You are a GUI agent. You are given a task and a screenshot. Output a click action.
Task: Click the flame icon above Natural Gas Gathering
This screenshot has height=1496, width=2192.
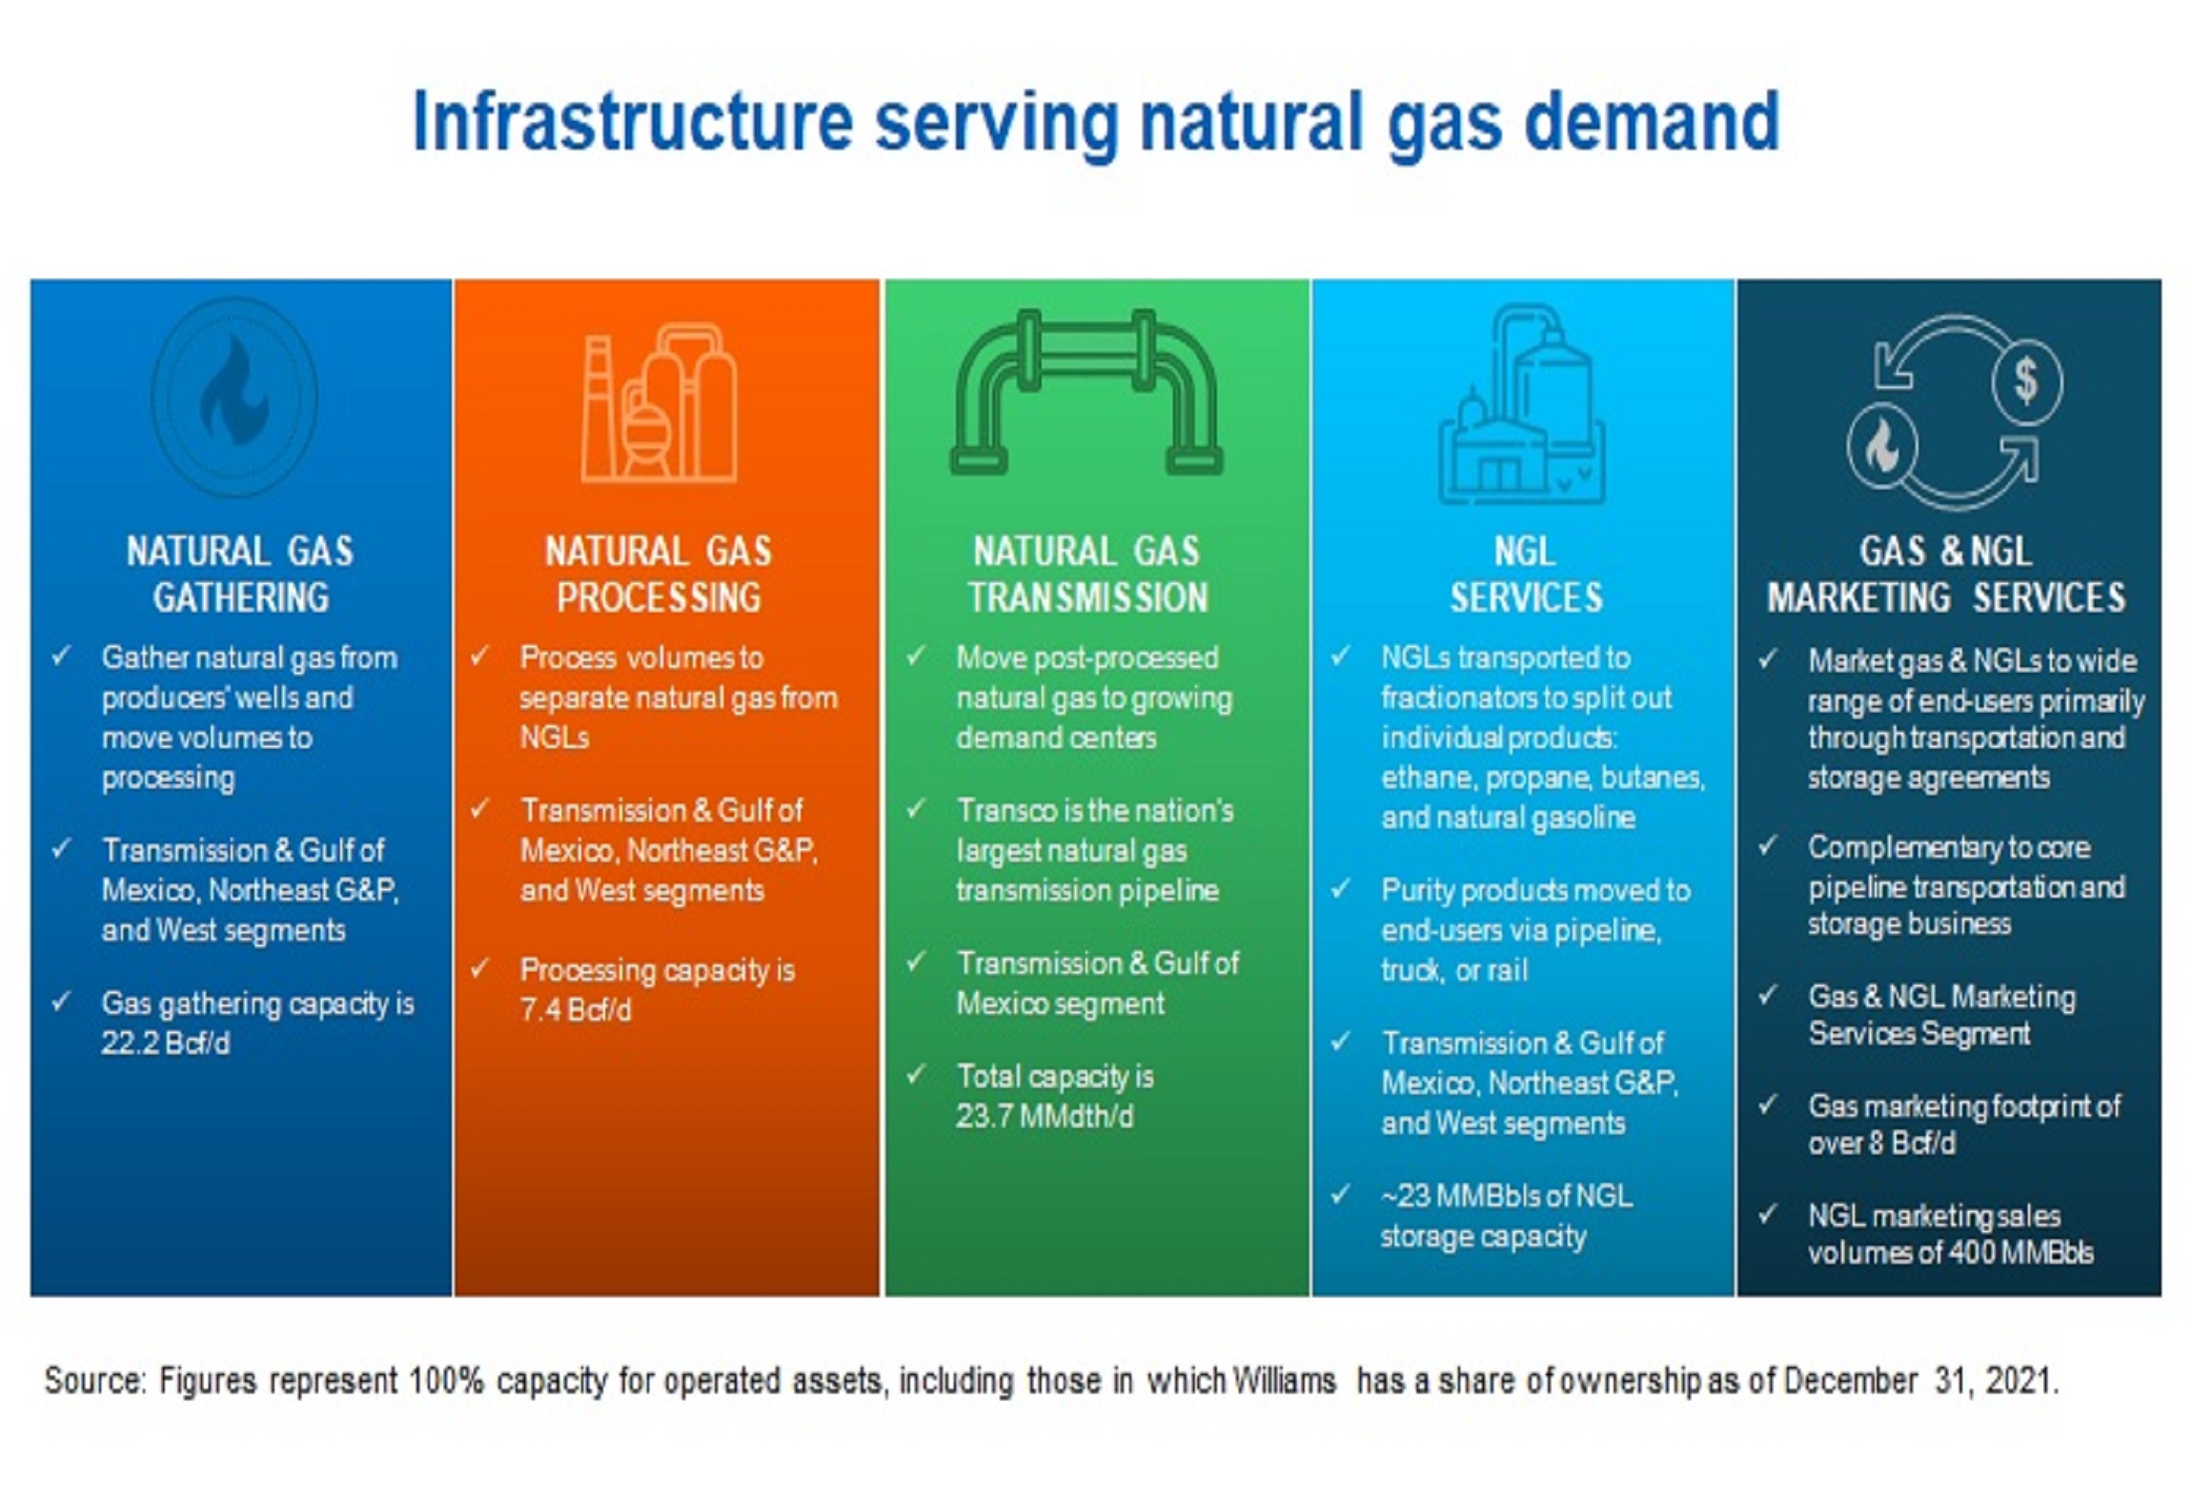(x=234, y=395)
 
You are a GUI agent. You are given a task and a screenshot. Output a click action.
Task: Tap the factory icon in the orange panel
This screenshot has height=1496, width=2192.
(x=659, y=403)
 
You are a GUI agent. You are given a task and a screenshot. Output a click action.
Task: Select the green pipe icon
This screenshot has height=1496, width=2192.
(x=1086, y=392)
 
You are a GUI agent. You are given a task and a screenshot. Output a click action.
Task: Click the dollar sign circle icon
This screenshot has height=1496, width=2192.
(x=2027, y=381)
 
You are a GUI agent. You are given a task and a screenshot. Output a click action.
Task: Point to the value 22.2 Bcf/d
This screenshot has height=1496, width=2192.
(x=165, y=1043)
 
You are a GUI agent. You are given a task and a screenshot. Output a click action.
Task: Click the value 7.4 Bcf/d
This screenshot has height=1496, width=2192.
(x=575, y=1010)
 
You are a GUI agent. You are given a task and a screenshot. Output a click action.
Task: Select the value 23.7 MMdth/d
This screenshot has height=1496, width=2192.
(x=1045, y=1116)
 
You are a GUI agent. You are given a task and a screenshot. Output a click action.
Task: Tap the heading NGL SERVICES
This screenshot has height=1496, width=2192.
(x=1526, y=575)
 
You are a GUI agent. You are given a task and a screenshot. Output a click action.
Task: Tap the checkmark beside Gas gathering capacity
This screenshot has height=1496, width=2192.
(x=61, y=1001)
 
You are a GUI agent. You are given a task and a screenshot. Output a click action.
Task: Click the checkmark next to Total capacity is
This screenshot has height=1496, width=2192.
(x=916, y=1075)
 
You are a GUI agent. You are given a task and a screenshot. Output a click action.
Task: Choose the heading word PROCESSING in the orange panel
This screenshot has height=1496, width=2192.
(x=659, y=598)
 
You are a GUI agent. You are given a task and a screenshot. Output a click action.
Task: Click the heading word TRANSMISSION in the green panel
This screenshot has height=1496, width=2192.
(x=1088, y=598)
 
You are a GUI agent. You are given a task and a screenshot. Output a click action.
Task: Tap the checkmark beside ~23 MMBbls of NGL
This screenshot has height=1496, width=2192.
(x=1341, y=1194)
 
